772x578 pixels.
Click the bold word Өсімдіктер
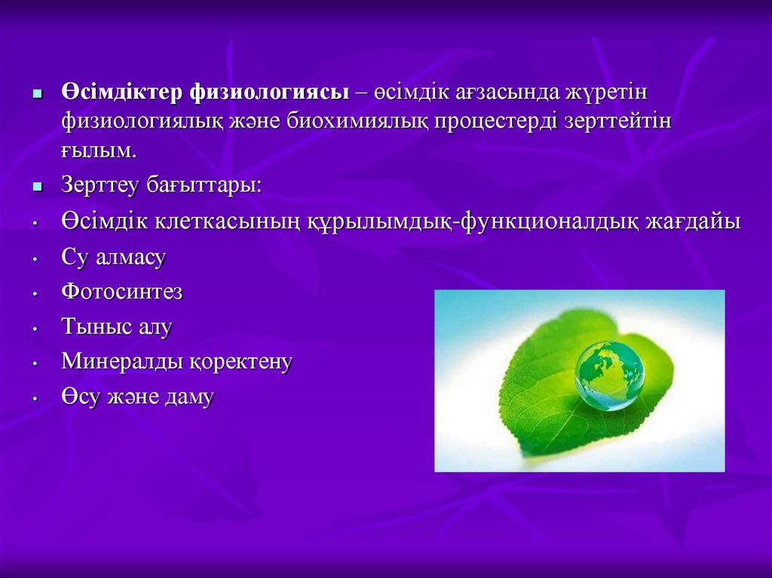tap(121, 92)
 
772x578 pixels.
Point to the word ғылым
tap(98, 151)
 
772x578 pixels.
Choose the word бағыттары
tap(204, 185)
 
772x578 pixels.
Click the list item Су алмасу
tap(114, 257)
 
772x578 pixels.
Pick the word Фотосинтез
tap(122, 292)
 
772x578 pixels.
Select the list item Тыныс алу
tap(117, 327)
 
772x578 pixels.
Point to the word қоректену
tap(240, 362)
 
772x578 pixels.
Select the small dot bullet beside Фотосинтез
tap(35, 293)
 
